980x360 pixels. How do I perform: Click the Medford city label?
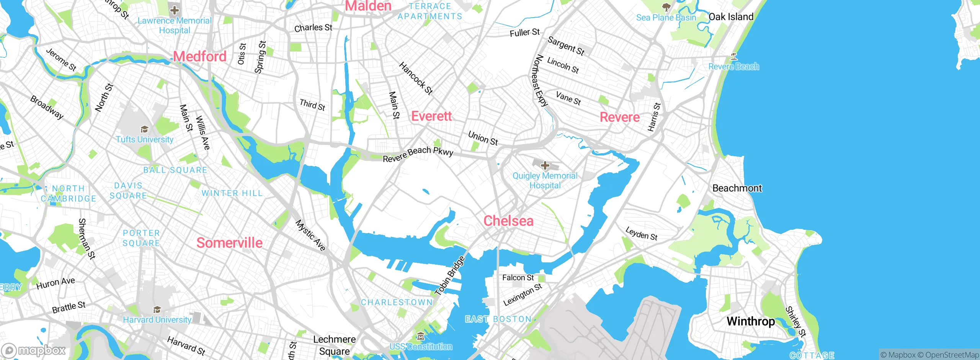coord(200,57)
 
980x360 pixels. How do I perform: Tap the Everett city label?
coord(431,116)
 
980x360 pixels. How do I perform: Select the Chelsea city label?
coord(508,221)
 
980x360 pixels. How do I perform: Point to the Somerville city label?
coord(229,243)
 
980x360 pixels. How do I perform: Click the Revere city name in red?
coord(619,117)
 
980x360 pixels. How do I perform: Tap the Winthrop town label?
coord(750,321)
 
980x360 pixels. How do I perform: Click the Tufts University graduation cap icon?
coord(144,129)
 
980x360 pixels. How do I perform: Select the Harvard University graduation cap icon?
coord(157,309)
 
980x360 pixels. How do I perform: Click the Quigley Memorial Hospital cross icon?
coord(545,165)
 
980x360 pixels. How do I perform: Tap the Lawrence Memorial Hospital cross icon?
coord(175,10)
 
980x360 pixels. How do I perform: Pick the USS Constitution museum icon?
coord(421,337)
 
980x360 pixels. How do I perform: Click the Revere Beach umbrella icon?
coord(733,57)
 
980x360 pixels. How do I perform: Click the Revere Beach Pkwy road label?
coord(418,154)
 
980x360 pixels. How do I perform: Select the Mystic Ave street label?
coord(310,235)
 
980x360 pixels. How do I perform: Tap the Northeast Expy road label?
coord(540,80)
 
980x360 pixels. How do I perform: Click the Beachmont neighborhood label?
coord(737,188)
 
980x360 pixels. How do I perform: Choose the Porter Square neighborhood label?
coord(141,238)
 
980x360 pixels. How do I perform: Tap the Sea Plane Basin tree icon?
coord(666,7)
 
